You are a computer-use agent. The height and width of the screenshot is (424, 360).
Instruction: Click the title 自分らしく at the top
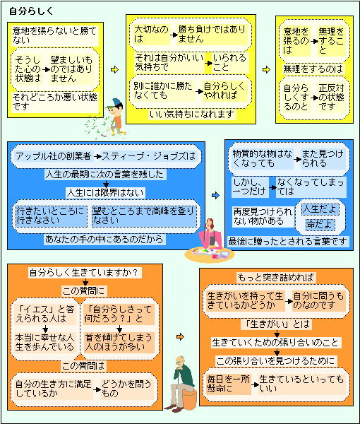click(x=31, y=11)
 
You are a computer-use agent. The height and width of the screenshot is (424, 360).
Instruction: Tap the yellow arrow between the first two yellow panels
click(x=115, y=69)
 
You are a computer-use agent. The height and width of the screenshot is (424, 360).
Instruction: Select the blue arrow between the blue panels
click(x=215, y=195)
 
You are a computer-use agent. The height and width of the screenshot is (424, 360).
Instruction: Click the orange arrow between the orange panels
click(x=180, y=336)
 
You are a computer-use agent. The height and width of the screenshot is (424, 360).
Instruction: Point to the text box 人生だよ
click(x=320, y=209)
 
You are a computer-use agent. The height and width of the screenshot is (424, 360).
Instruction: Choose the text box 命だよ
click(x=320, y=225)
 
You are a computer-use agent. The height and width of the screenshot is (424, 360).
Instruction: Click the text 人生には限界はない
click(x=106, y=193)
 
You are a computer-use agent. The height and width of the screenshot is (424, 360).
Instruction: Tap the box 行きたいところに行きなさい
click(x=51, y=216)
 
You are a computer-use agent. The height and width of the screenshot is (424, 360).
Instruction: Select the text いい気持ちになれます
click(x=192, y=114)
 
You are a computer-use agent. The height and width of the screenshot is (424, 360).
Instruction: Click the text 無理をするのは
click(x=313, y=69)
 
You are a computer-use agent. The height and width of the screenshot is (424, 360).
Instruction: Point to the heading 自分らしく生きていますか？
click(x=84, y=273)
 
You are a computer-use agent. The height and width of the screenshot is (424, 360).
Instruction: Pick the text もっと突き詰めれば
click(x=276, y=278)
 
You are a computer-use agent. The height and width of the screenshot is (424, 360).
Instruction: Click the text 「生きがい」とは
click(x=277, y=324)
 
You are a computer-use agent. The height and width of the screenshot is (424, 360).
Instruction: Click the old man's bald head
click(x=179, y=360)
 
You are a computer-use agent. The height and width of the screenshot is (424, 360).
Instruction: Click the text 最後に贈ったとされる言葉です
click(x=287, y=241)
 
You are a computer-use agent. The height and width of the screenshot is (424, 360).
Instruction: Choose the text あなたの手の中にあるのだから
click(x=104, y=239)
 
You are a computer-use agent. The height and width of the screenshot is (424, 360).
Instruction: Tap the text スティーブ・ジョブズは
click(x=148, y=156)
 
